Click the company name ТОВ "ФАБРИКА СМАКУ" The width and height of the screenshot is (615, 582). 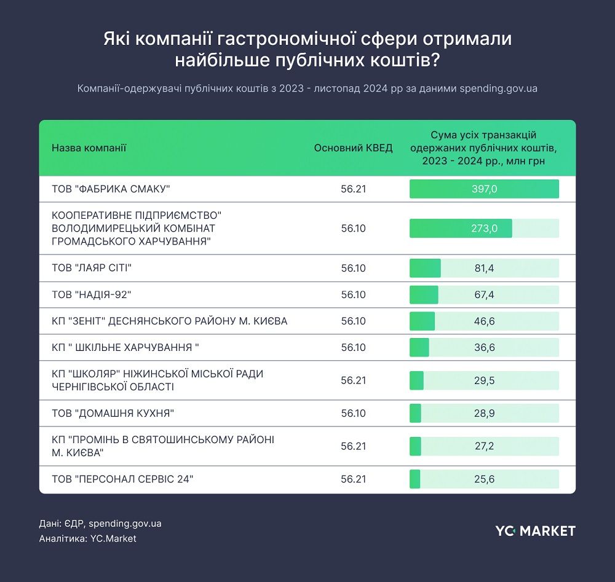(x=111, y=189)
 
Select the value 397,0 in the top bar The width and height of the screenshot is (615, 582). (x=484, y=189)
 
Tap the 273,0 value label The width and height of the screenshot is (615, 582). (x=484, y=229)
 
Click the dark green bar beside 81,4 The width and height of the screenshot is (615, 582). (x=425, y=268)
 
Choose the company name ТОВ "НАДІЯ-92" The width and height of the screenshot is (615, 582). (x=92, y=294)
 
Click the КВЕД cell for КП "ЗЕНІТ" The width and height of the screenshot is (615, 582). (x=353, y=321)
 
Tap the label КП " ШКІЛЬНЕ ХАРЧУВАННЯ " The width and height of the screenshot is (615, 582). (x=125, y=347)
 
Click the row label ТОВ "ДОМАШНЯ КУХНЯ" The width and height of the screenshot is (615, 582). (x=113, y=413)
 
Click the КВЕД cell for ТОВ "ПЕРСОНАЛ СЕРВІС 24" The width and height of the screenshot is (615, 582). (x=353, y=479)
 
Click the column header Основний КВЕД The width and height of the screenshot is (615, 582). (x=353, y=148)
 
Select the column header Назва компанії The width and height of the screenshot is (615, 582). (x=89, y=148)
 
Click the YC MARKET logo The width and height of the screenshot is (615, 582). (x=535, y=530)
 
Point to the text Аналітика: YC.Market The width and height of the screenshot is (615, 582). (x=87, y=538)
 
